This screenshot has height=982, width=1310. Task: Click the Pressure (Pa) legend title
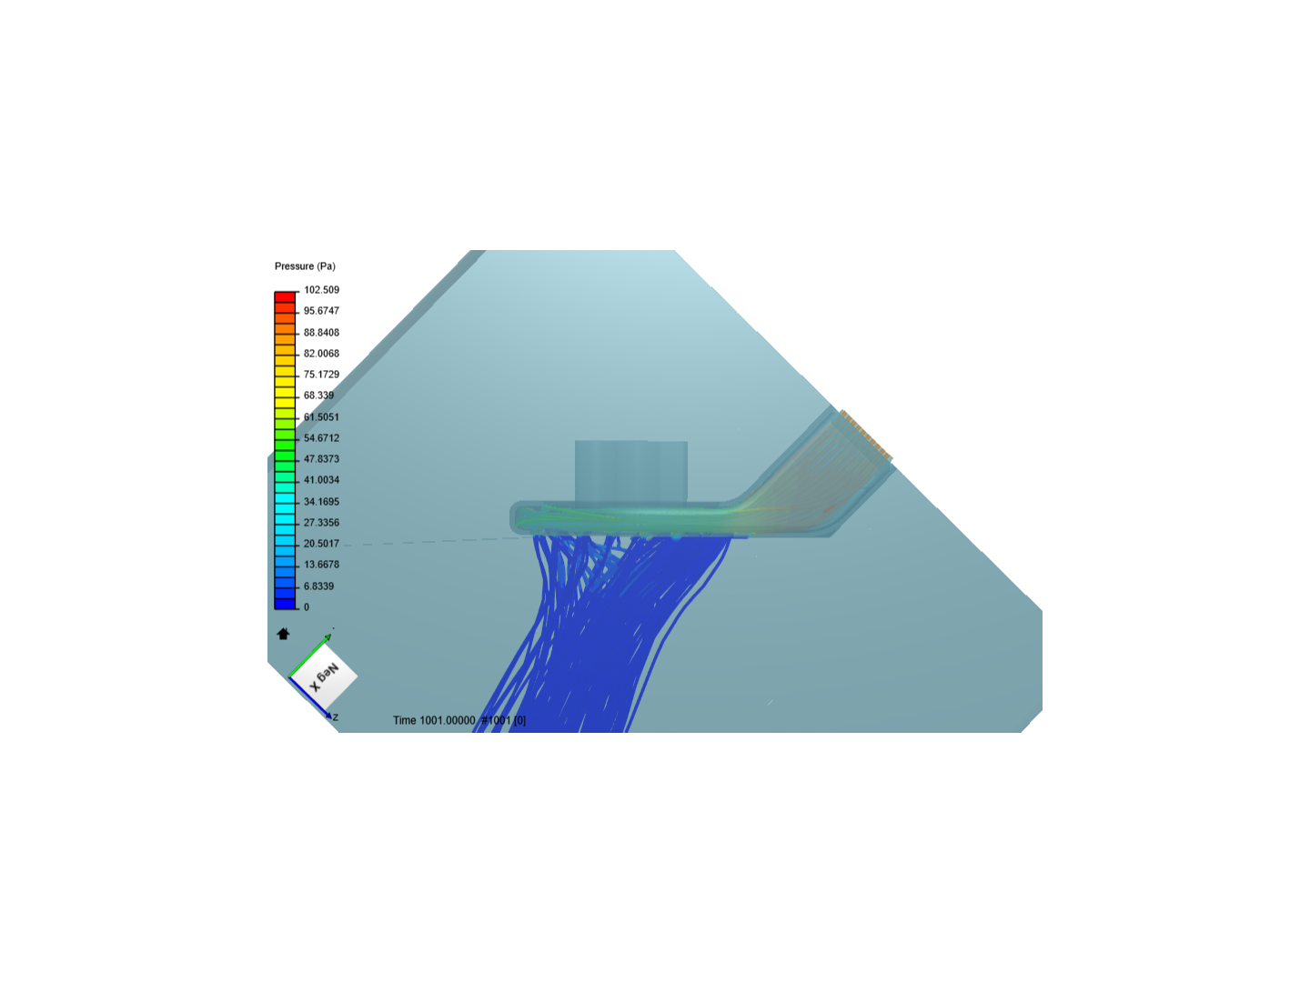coord(305,266)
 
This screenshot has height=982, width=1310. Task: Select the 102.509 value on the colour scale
coord(321,290)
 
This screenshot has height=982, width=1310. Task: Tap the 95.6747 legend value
coord(321,311)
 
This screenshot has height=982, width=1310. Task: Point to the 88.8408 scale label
coord(321,332)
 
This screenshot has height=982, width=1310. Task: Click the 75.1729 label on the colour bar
coord(321,375)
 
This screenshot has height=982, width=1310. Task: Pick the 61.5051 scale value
coord(321,416)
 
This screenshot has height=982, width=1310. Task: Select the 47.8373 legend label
coord(321,459)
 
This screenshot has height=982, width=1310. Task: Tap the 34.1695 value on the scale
coord(321,501)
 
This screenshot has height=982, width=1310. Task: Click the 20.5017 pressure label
coord(321,544)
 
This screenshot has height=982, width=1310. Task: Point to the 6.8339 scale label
coord(318,586)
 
